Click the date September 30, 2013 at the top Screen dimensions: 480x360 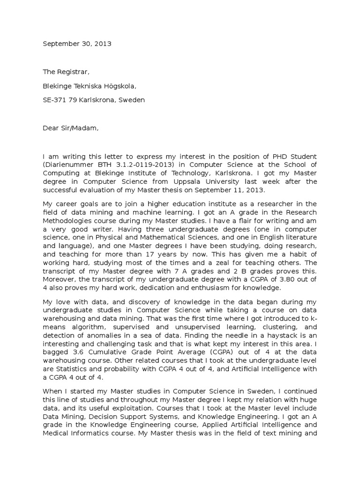[77, 44]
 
